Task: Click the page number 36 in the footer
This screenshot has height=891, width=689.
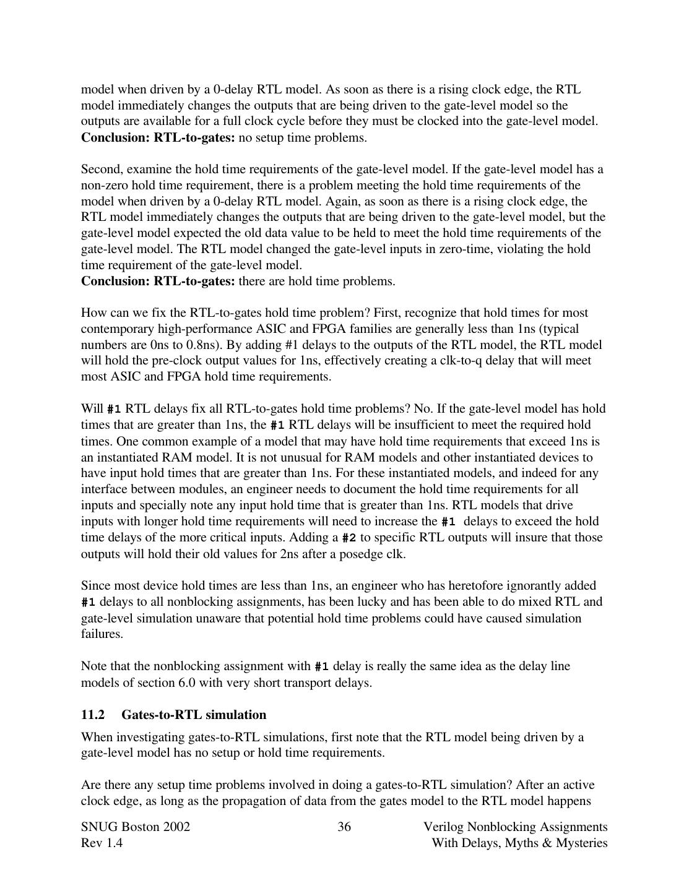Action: [x=344, y=827]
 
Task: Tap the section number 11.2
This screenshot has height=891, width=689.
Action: [x=92, y=715]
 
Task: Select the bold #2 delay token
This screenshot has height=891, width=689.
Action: [x=349, y=538]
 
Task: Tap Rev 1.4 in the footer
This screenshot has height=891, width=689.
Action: [x=102, y=843]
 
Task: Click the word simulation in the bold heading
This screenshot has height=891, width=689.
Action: [x=236, y=715]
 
